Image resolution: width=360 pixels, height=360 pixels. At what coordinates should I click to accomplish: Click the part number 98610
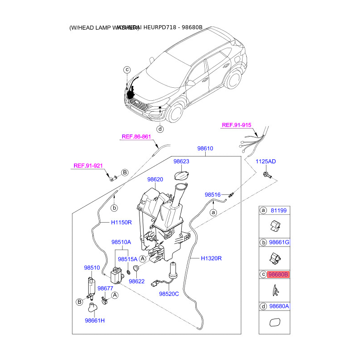pyautogui.click(x=205, y=148)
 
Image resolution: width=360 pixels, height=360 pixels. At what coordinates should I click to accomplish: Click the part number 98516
pyautogui.click(x=212, y=195)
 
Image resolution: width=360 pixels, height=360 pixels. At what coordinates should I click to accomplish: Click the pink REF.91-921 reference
pyautogui.click(x=88, y=166)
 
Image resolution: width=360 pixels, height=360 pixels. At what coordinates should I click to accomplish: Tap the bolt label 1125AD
pyautogui.click(x=266, y=161)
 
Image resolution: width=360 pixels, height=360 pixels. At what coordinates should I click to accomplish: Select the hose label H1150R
pyautogui.click(x=121, y=222)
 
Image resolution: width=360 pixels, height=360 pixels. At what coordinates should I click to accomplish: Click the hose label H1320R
pyautogui.click(x=211, y=258)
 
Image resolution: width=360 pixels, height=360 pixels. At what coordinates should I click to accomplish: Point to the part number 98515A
pyautogui.click(x=128, y=259)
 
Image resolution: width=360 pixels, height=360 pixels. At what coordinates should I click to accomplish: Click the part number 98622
pyautogui.click(x=137, y=281)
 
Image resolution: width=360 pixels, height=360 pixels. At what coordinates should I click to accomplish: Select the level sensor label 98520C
pyautogui.click(x=169, y=294)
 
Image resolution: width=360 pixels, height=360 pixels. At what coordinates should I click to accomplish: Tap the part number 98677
pyautogui.click(x=105, y=288)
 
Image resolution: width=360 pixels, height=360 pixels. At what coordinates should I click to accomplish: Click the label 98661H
pyautogui.click(x=94, y=320)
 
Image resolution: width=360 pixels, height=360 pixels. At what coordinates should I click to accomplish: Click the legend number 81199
pyautogui.click(x=278, y=210)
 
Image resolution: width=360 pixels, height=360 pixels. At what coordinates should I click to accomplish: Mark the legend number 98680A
pyautogui.click(x=279, y=306)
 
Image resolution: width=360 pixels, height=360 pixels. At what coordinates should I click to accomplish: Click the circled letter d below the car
pyautogui.click(x=160, y=129)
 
